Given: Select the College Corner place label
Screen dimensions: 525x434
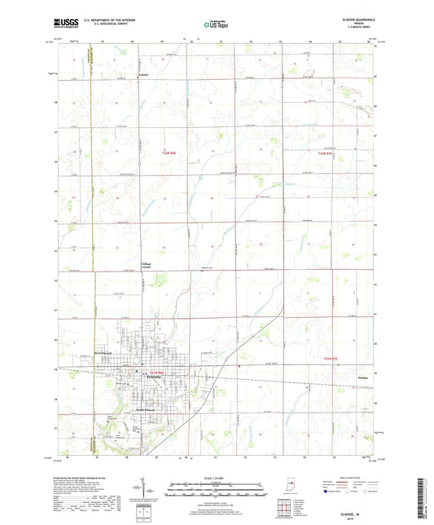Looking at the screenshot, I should (147, 266).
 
